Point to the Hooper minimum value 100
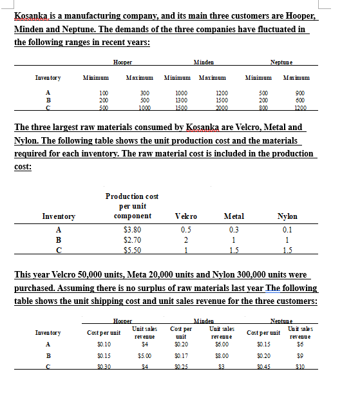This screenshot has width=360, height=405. click(102, 93)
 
